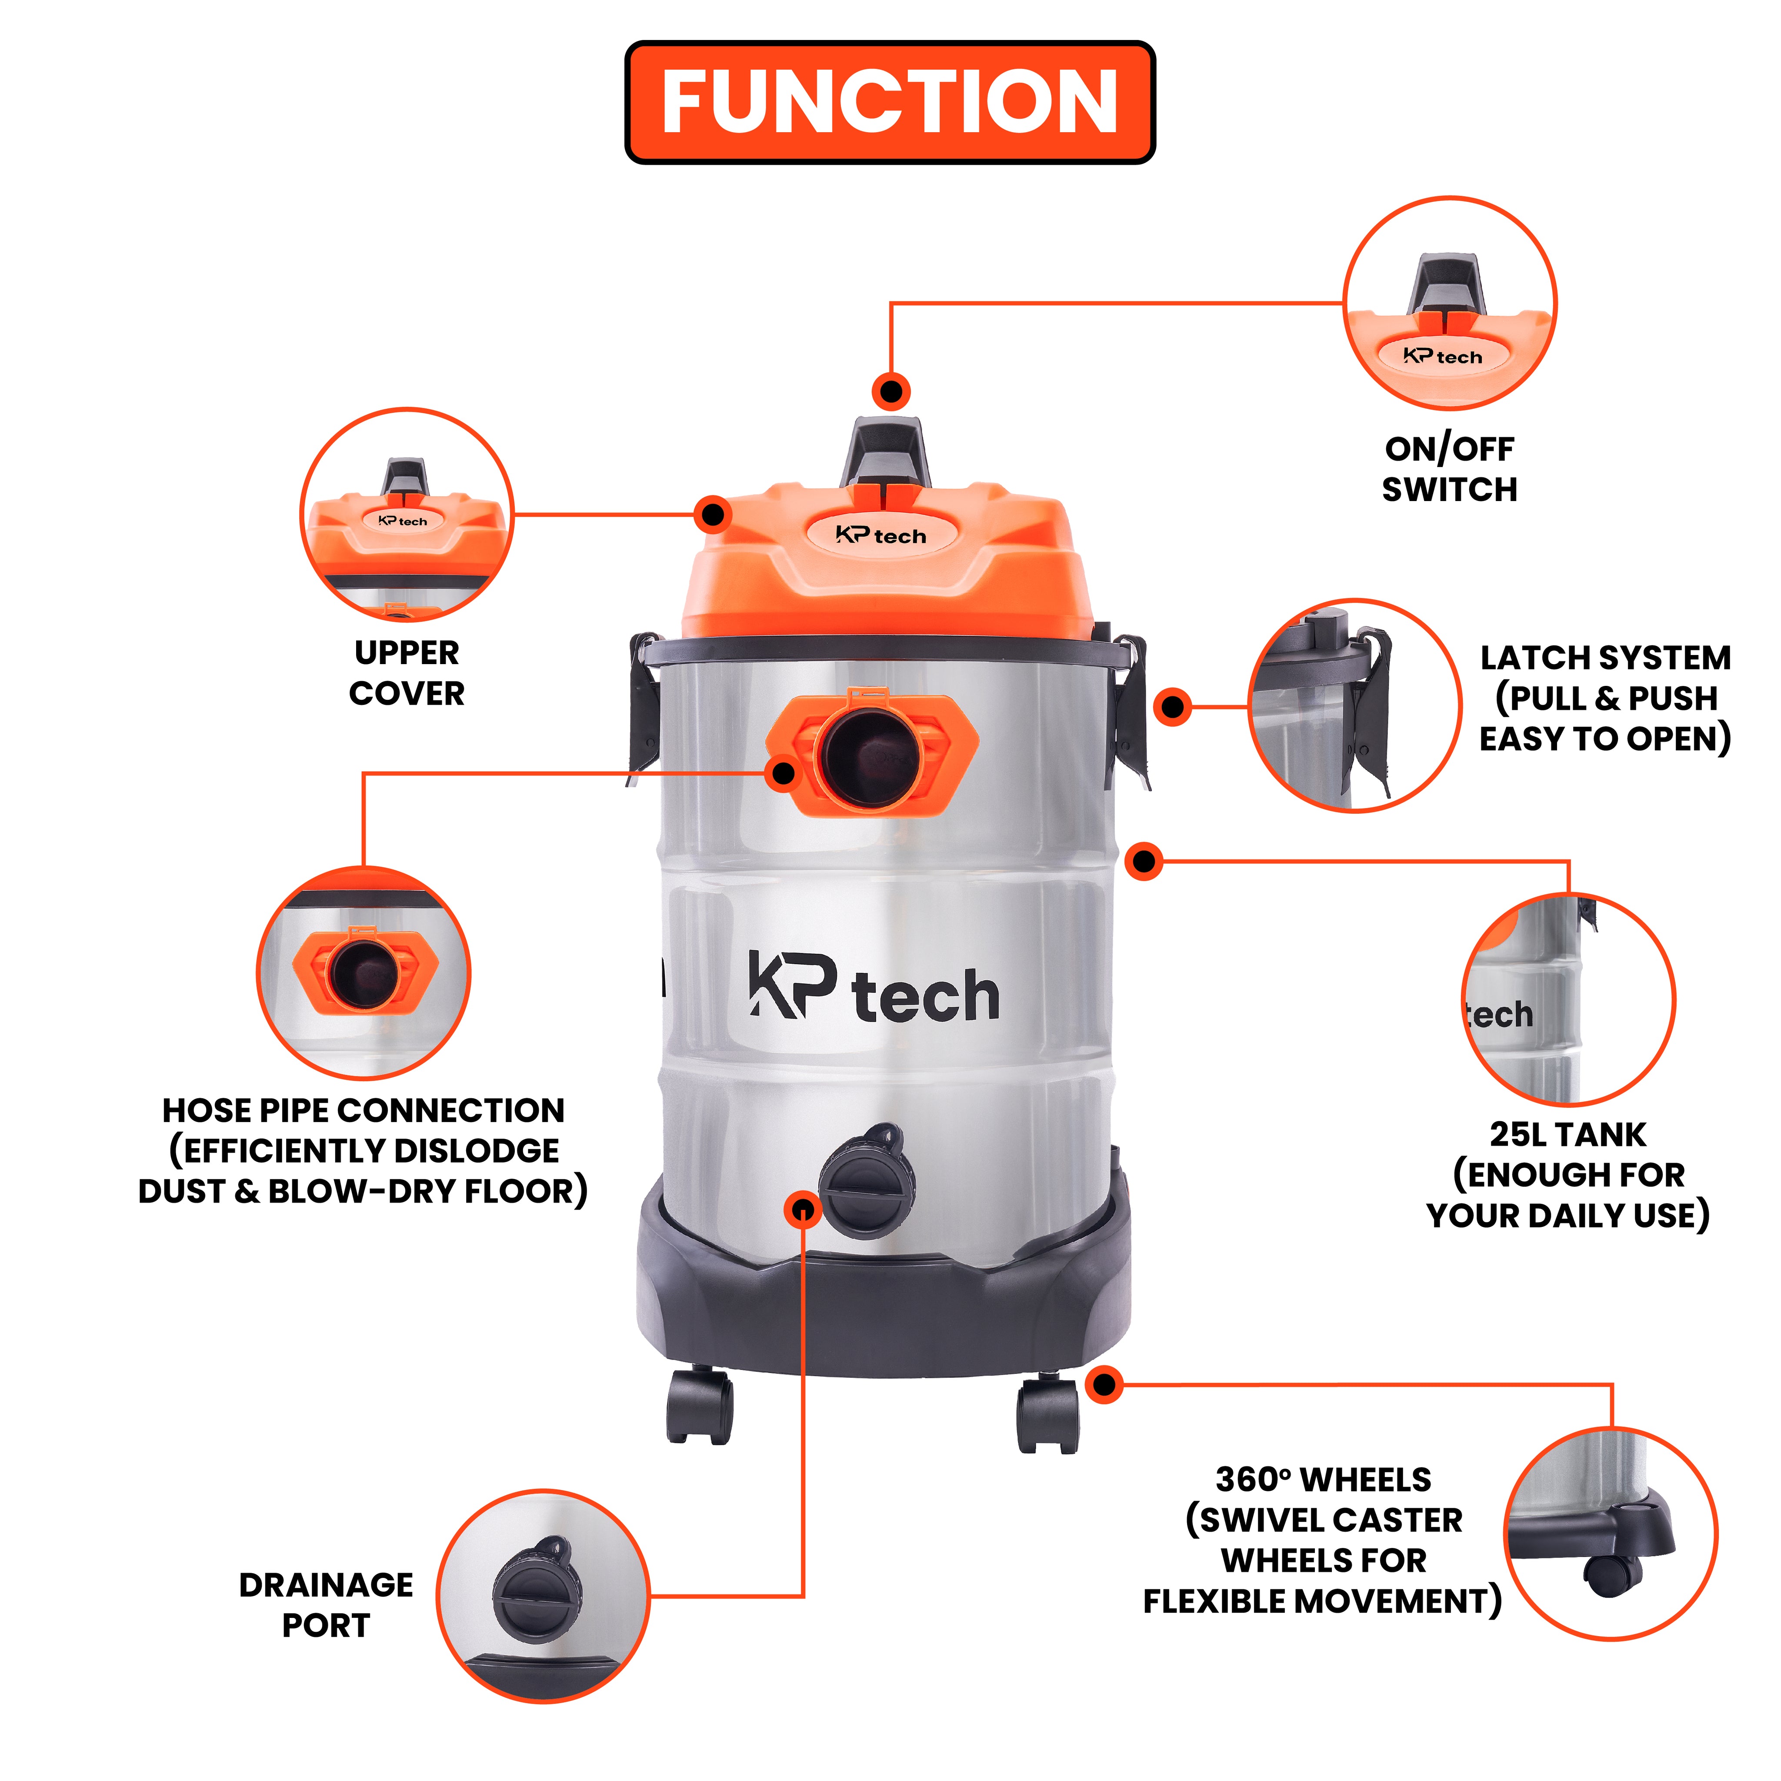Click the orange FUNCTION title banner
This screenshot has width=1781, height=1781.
890,101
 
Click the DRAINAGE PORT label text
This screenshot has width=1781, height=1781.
327,1605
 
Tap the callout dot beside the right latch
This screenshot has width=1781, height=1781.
1173,707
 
